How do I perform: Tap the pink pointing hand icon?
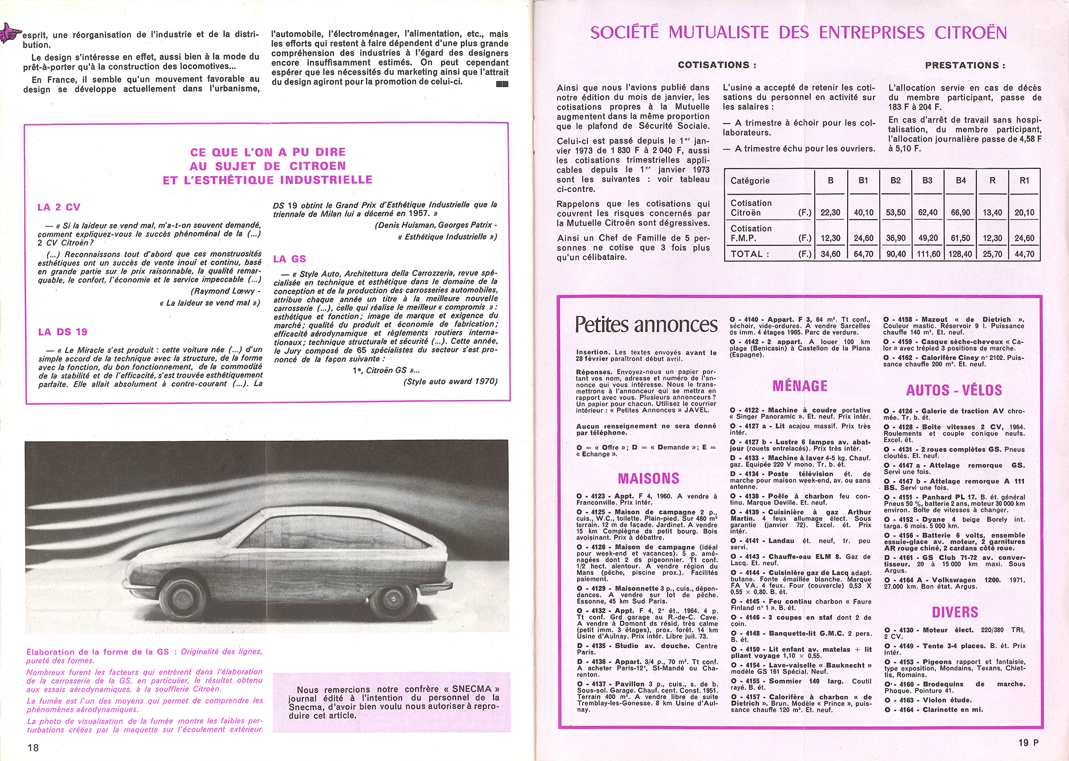click(11, 33)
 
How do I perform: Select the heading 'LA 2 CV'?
click(59, 207)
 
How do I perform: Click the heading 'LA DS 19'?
click(63, 332)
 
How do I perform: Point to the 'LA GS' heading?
click(289, 259)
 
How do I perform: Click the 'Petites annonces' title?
click(646, 325)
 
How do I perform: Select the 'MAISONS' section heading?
click(648, 478)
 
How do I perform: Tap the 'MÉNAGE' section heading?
click(800, 386)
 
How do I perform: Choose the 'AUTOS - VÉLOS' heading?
click(954, 390)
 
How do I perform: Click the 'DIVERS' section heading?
click(955, 612)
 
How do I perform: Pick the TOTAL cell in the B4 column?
click(960, 254)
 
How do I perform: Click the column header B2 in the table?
click(895, 181)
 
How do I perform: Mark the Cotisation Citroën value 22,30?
click(830, 213)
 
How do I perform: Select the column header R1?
click(1024, 181)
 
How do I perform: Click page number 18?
click(33, 747)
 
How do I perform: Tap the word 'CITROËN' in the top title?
click(971, 33)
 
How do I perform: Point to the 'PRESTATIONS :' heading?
click(965, 65)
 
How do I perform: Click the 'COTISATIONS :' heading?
click(717, 65)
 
